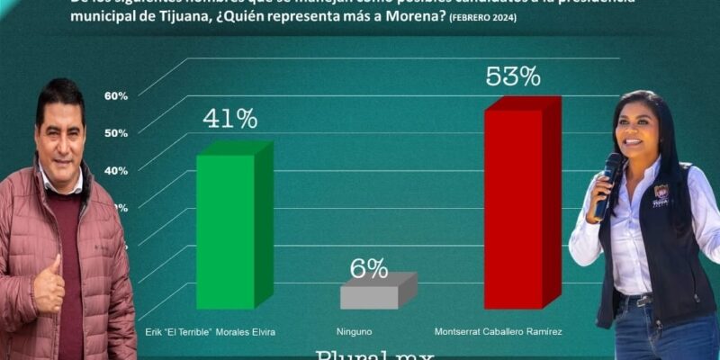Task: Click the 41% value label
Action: pyautogui.click(x=229, y=119)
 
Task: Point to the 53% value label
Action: pyautogui.click(x=513, y=76)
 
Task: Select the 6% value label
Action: pyautogui.click(x=369, y=268)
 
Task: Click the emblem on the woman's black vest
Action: pyautogui.click(x=661, y=193)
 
